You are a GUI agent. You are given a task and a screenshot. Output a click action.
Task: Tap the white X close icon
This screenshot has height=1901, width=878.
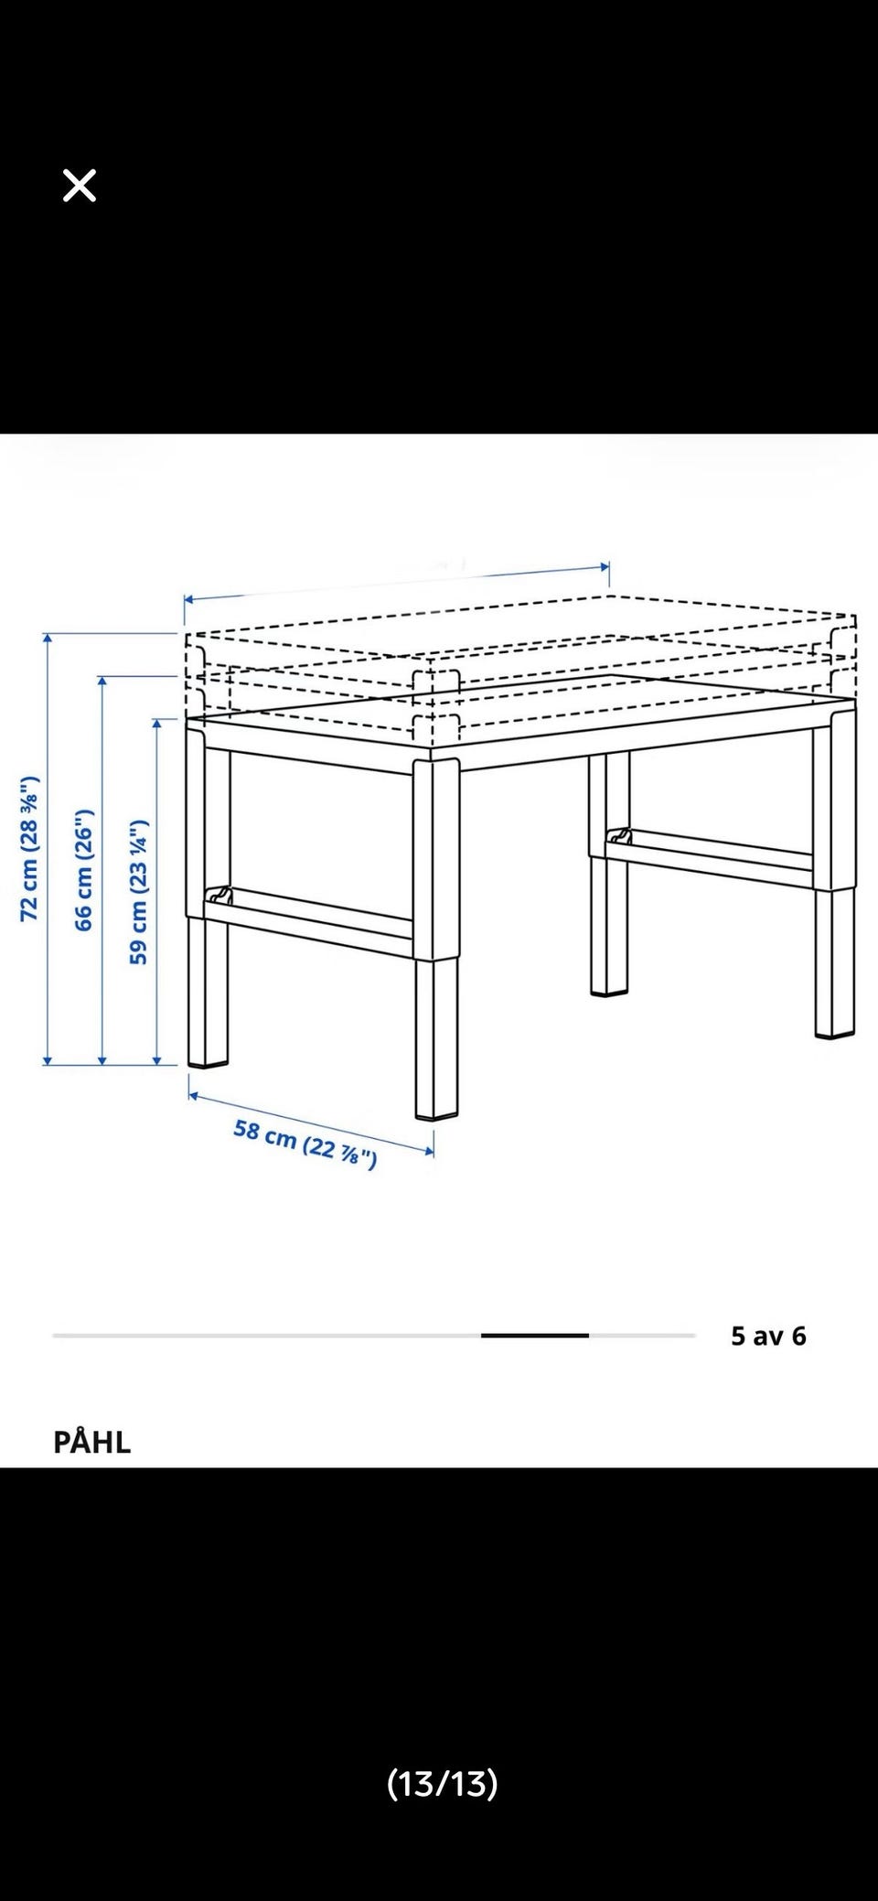(x=80, y=186)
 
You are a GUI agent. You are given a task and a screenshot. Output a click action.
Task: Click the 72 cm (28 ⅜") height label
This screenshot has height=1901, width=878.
(x=29, y=848)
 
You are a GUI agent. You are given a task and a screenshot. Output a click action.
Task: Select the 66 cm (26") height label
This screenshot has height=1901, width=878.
(x=83, y=870)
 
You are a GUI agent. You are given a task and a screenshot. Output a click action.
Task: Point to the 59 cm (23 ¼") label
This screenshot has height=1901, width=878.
(x=138, y=891)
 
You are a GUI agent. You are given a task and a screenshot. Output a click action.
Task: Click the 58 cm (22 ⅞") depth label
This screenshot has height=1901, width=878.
(x=305, y=1144)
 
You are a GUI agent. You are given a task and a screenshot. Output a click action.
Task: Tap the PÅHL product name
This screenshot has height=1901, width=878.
(x=92, y=1443)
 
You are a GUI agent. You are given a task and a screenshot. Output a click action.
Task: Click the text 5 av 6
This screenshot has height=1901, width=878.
(x=768, y=1336)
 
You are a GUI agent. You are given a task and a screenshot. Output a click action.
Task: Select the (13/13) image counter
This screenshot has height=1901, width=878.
(x=443, y=1783)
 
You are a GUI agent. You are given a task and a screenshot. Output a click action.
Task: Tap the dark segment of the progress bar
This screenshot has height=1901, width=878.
(x=535, y=1336)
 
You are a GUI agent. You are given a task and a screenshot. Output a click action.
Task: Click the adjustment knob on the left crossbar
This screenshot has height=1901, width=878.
(x=219, y=894)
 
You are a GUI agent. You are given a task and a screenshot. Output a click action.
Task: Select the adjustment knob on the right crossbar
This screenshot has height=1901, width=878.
(x=620, y=836)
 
